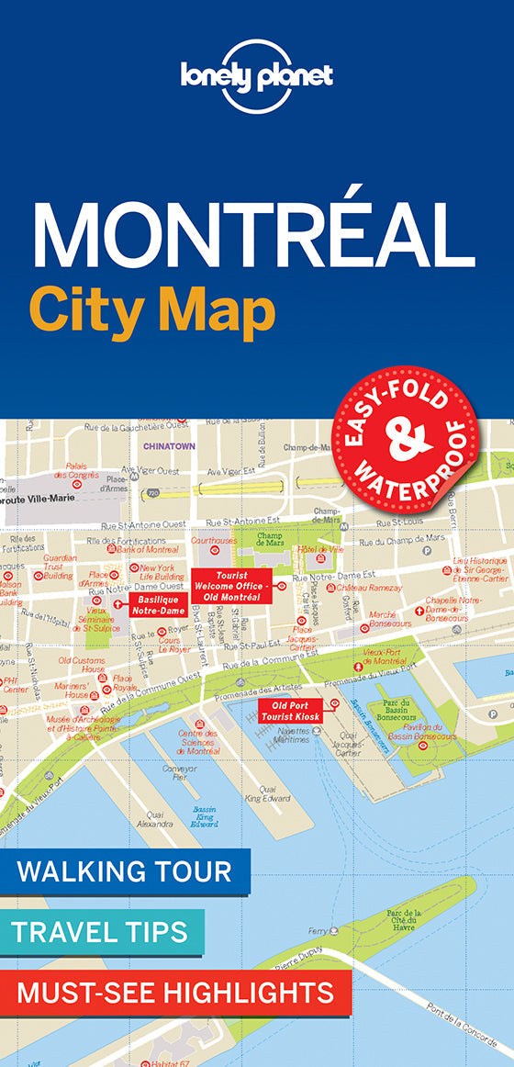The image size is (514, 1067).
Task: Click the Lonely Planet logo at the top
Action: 257,77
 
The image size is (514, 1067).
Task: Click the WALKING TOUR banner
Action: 125,870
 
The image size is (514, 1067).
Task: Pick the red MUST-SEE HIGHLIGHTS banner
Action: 175,992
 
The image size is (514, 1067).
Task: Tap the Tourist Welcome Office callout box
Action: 231,586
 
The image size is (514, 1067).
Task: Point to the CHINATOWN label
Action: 169,447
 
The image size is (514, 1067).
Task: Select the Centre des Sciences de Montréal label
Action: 199,742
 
